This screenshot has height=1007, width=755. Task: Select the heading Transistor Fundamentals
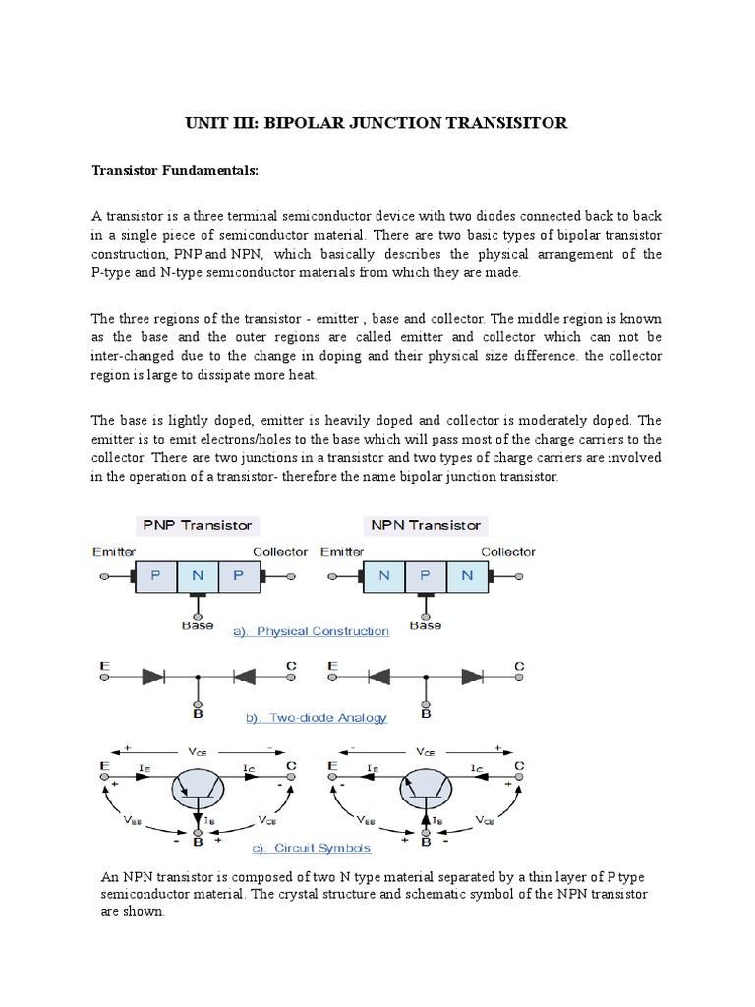point(174,170)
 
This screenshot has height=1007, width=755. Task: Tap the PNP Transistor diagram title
point(198,525)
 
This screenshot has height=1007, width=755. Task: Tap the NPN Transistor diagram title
point(425,525)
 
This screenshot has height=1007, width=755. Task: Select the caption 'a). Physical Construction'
point(311,631)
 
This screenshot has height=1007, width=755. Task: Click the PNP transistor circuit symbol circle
point(198,786)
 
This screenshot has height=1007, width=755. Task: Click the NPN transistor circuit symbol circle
point(425,786)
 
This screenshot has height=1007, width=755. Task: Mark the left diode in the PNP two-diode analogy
point(152,677)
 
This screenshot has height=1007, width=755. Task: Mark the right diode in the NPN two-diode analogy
point(473,677)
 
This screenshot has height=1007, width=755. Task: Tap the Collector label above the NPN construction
point(508,552)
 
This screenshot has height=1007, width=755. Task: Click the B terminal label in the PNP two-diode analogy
point(198,714)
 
